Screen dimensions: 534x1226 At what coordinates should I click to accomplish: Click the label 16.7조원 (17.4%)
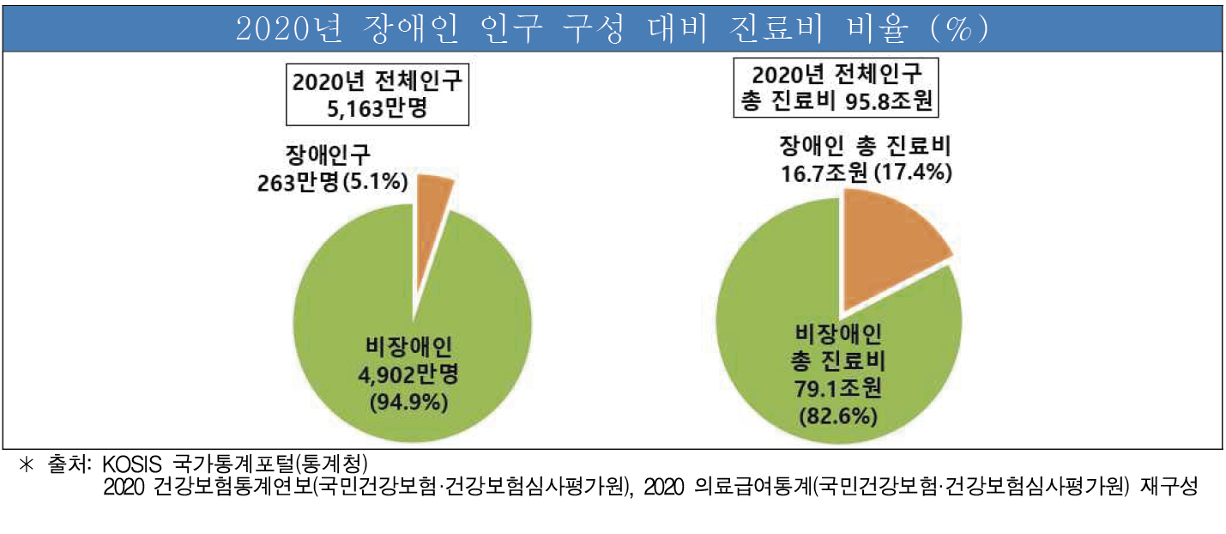point(866,172)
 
